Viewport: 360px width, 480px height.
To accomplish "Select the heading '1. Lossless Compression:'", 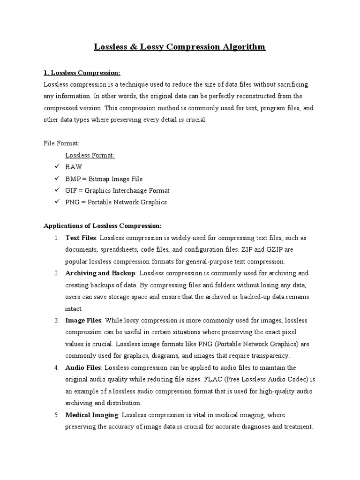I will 82,73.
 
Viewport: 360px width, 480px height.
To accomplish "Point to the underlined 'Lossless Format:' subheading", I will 90,155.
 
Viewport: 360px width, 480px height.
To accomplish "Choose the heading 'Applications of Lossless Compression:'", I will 103,226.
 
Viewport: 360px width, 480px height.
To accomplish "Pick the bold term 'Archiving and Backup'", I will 100,273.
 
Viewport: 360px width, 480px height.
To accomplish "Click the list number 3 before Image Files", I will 56,321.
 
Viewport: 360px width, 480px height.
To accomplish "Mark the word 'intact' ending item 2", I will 74,309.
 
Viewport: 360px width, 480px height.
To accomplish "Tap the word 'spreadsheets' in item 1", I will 119,249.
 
